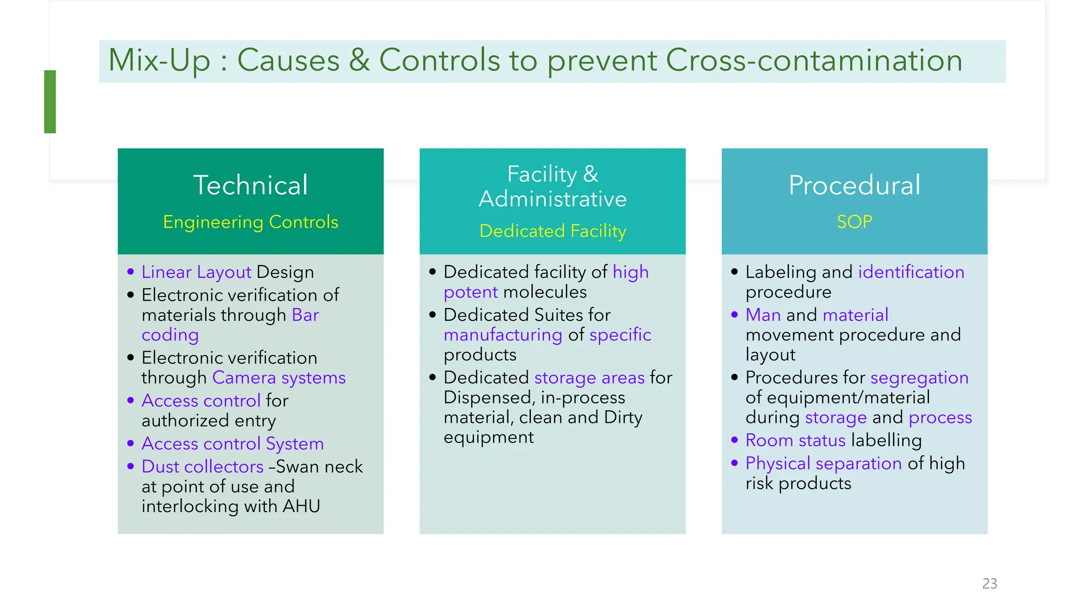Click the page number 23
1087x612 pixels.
pos(989,583)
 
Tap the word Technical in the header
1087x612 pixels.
pos(250,185)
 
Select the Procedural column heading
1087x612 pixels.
pos(854,185)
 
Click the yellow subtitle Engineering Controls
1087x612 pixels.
pos(250,222)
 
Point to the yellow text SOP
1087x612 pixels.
pos(854,222)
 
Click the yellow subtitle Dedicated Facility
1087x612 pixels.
pos(552,231)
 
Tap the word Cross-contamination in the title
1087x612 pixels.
pos(813,60)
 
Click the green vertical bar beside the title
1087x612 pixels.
pos(50,101)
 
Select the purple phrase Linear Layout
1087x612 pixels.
pos(196,272)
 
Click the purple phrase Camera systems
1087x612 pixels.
pos(279,378)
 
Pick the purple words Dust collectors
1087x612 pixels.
pos(202,466)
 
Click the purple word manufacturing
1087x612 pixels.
pos(503,335)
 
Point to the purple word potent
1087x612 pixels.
pos(470,292)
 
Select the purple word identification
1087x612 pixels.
pos(911,272)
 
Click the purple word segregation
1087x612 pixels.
pos(919,378)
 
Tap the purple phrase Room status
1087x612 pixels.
pos(795,440)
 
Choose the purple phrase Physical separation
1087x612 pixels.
pos(823,463)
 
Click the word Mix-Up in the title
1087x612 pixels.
pos(159,60)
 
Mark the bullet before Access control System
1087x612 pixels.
pos(131,443)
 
